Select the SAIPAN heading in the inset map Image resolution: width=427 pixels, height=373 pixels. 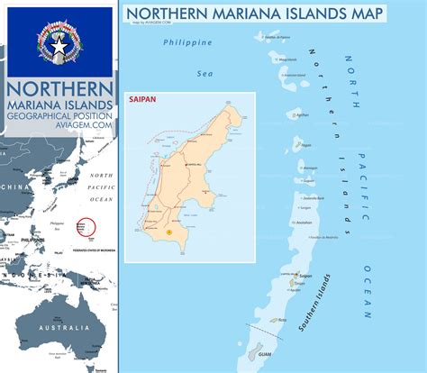coord(143,102)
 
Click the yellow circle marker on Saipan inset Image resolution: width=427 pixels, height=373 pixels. coord(168,232)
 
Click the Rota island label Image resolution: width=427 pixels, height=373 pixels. coord(283,319)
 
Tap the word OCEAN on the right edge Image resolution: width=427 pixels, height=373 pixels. coord(368,293)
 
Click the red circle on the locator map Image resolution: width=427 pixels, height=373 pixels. coord(86,226)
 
